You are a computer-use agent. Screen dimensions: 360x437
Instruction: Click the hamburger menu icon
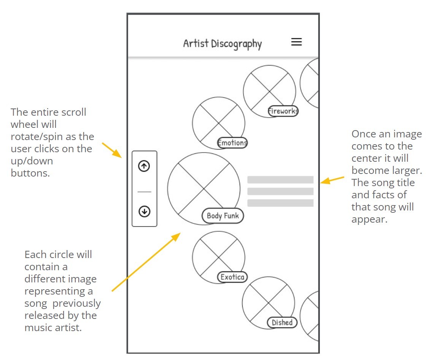[x=296, y=42]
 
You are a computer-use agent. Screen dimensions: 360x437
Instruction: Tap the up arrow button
[x=144, y=166]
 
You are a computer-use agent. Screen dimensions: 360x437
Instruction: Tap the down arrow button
[x=144, y=211]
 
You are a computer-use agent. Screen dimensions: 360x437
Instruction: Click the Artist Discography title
[x=222, y=44]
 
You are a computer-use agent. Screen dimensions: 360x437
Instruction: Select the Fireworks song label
[x=283, y=111]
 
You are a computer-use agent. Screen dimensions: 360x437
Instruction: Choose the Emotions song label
[x=232, y=143]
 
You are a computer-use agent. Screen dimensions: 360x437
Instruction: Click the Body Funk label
[x=222, y=216]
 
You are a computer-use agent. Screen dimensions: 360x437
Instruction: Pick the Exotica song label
[x=232, y=277]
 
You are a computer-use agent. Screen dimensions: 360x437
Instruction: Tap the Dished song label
[x=282, y=323]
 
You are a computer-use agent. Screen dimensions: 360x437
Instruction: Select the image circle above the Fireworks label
[x=269, y=89]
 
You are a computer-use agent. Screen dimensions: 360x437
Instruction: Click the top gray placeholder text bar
[x=280, y=180]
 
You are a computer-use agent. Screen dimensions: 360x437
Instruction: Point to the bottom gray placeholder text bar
[x=280, y=203]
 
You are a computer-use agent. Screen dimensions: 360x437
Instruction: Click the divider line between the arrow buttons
[x=144, y=192]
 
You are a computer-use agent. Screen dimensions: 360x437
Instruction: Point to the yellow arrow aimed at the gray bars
[x=332, y=180]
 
